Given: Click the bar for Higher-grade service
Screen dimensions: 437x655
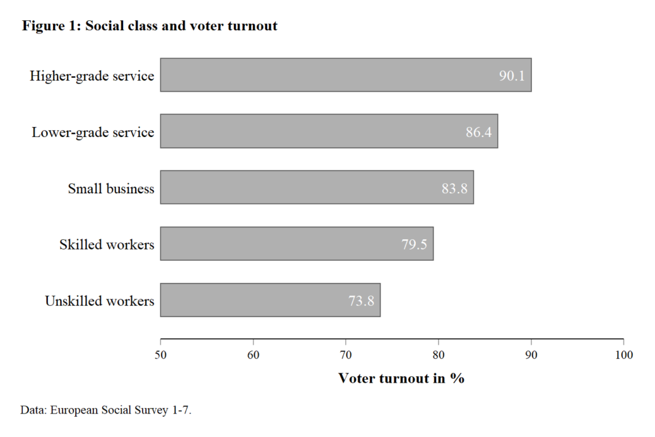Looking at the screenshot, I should [345, 75].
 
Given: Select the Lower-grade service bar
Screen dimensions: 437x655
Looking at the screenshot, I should [329, 132].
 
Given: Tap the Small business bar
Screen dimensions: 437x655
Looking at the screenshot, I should [317, 188].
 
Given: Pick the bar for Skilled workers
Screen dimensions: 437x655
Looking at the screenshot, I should [297, 244].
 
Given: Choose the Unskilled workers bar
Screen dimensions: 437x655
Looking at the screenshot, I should [270, 301].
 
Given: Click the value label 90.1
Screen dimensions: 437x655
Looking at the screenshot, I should [512, 76].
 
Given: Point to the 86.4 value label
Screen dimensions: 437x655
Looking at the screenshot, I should [478, 132].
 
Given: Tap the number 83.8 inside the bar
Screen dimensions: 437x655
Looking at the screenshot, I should [454, 189].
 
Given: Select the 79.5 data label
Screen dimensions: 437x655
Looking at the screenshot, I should [414, 245].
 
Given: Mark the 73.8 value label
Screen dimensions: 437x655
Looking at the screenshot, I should [361, 301].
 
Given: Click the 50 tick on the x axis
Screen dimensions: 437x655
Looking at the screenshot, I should [160, 355].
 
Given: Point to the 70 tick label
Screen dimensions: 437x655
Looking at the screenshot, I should [346, 355].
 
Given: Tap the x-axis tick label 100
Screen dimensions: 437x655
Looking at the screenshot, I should [624, 355].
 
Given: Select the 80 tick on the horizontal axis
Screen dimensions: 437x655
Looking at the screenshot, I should [438, 355].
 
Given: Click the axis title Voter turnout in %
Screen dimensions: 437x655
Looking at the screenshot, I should [401, 379].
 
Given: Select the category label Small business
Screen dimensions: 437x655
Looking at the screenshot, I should [111, 189].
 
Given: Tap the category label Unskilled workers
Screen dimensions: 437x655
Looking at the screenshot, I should [100, 301].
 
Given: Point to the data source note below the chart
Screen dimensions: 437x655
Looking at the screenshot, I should [106, 410].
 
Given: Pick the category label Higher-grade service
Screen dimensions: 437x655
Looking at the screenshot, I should [92, 76].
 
